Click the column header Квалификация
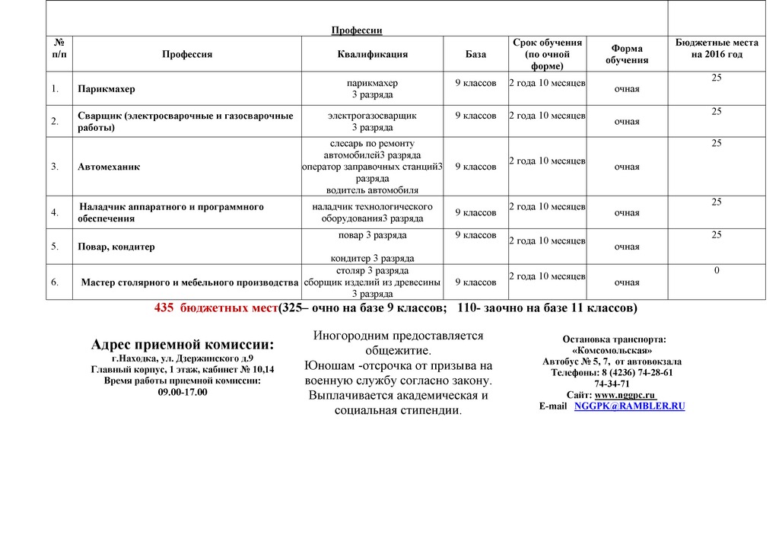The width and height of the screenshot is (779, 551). [x=372, y=55]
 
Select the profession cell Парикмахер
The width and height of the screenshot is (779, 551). [x=106, y=89]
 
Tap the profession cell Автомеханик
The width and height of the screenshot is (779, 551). [x=108, y=167]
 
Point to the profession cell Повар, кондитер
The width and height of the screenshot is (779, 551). [x=116, y=247]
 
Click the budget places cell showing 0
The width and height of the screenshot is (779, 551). [x=717, y=271]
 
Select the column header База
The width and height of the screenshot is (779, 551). [x=475, y=55]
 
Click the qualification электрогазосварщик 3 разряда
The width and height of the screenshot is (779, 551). [x=372, y=121]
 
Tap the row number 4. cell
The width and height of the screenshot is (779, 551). [x=55, y=212]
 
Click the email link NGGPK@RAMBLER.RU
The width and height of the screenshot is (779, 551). [x=630, y=406]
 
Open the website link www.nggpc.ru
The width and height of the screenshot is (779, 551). [x=625, y=395]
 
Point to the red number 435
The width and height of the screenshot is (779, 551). [x=164, y=308]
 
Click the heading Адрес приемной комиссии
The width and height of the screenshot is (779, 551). [x=183, y=345]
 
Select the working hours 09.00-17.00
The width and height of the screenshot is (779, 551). [x=183, y=392]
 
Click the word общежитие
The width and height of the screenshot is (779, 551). [x=398, y=351]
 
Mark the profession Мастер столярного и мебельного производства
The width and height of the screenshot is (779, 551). [x=189, y=282]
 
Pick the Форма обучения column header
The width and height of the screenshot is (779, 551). [x=627, y=54]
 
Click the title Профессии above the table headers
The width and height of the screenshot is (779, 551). [x=356, y=30]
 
